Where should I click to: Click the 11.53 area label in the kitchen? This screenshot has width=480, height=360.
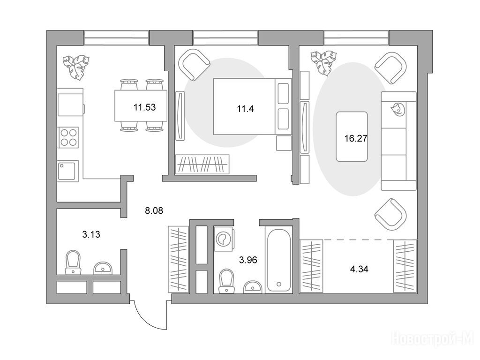[x=144, y=107]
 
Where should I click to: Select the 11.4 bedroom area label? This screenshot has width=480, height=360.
[x=245, y=109]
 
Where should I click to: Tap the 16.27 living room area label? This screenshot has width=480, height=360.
[x=356, y=139]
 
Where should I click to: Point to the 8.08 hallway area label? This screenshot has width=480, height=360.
[x=154, y=210]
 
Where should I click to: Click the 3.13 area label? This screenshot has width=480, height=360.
[x=91, y=234]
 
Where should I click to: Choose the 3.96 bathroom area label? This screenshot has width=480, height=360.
[x=248, y=260]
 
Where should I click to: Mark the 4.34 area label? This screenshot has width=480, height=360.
[x=359, y=270]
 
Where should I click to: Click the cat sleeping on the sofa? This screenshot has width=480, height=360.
[x=397, y=109]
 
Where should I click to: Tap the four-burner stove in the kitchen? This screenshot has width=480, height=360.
[x=68, y=137]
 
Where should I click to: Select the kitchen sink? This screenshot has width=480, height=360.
[x=67, y=171]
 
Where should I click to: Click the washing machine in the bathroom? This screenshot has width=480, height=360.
[x=224, y=239]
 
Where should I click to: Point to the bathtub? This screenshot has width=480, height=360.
[x=278, y=260]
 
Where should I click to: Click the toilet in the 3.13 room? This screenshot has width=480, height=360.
[x=73, y=262]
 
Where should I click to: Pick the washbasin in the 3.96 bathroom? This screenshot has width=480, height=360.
[x=253, y=286]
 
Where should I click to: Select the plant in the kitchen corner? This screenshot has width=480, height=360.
[x=76, y=67]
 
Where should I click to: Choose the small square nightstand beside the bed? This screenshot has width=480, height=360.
[x=284, y=143]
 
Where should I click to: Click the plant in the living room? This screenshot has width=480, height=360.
[x=323, y=63]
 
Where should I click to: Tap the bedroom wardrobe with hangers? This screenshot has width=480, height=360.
[x=202, y=165]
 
